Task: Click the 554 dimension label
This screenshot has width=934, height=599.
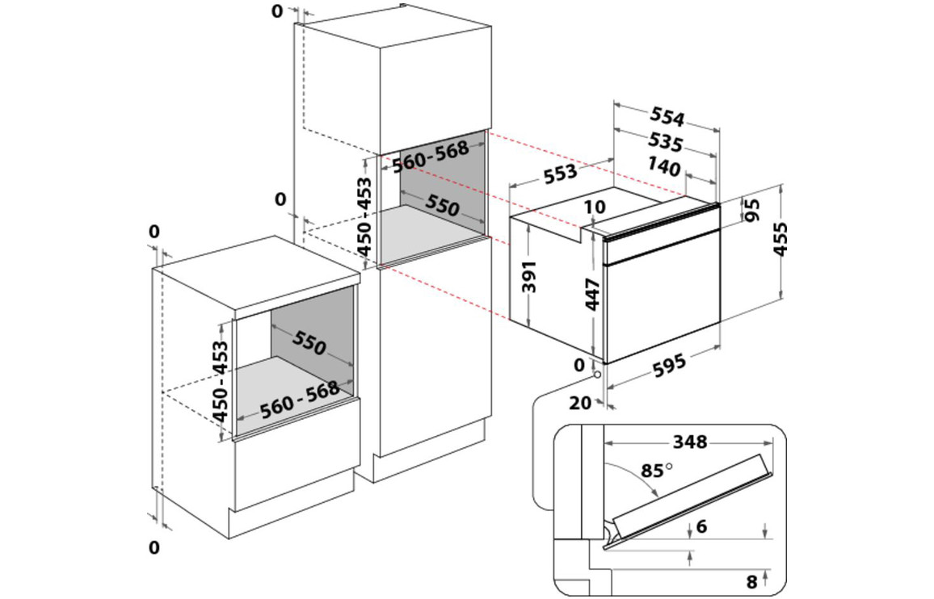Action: (667, 118)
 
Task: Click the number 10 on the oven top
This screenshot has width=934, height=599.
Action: (594, 207)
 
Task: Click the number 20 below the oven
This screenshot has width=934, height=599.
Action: (581, 403)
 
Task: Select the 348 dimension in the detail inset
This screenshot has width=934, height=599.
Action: (689, 442)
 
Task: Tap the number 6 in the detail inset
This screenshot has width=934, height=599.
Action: (700, 526)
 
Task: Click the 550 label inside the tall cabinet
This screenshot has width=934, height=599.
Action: (444, 207)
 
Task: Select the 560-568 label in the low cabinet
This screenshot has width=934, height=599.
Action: (299, 398)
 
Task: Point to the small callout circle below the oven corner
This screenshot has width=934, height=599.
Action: (596, 373)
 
